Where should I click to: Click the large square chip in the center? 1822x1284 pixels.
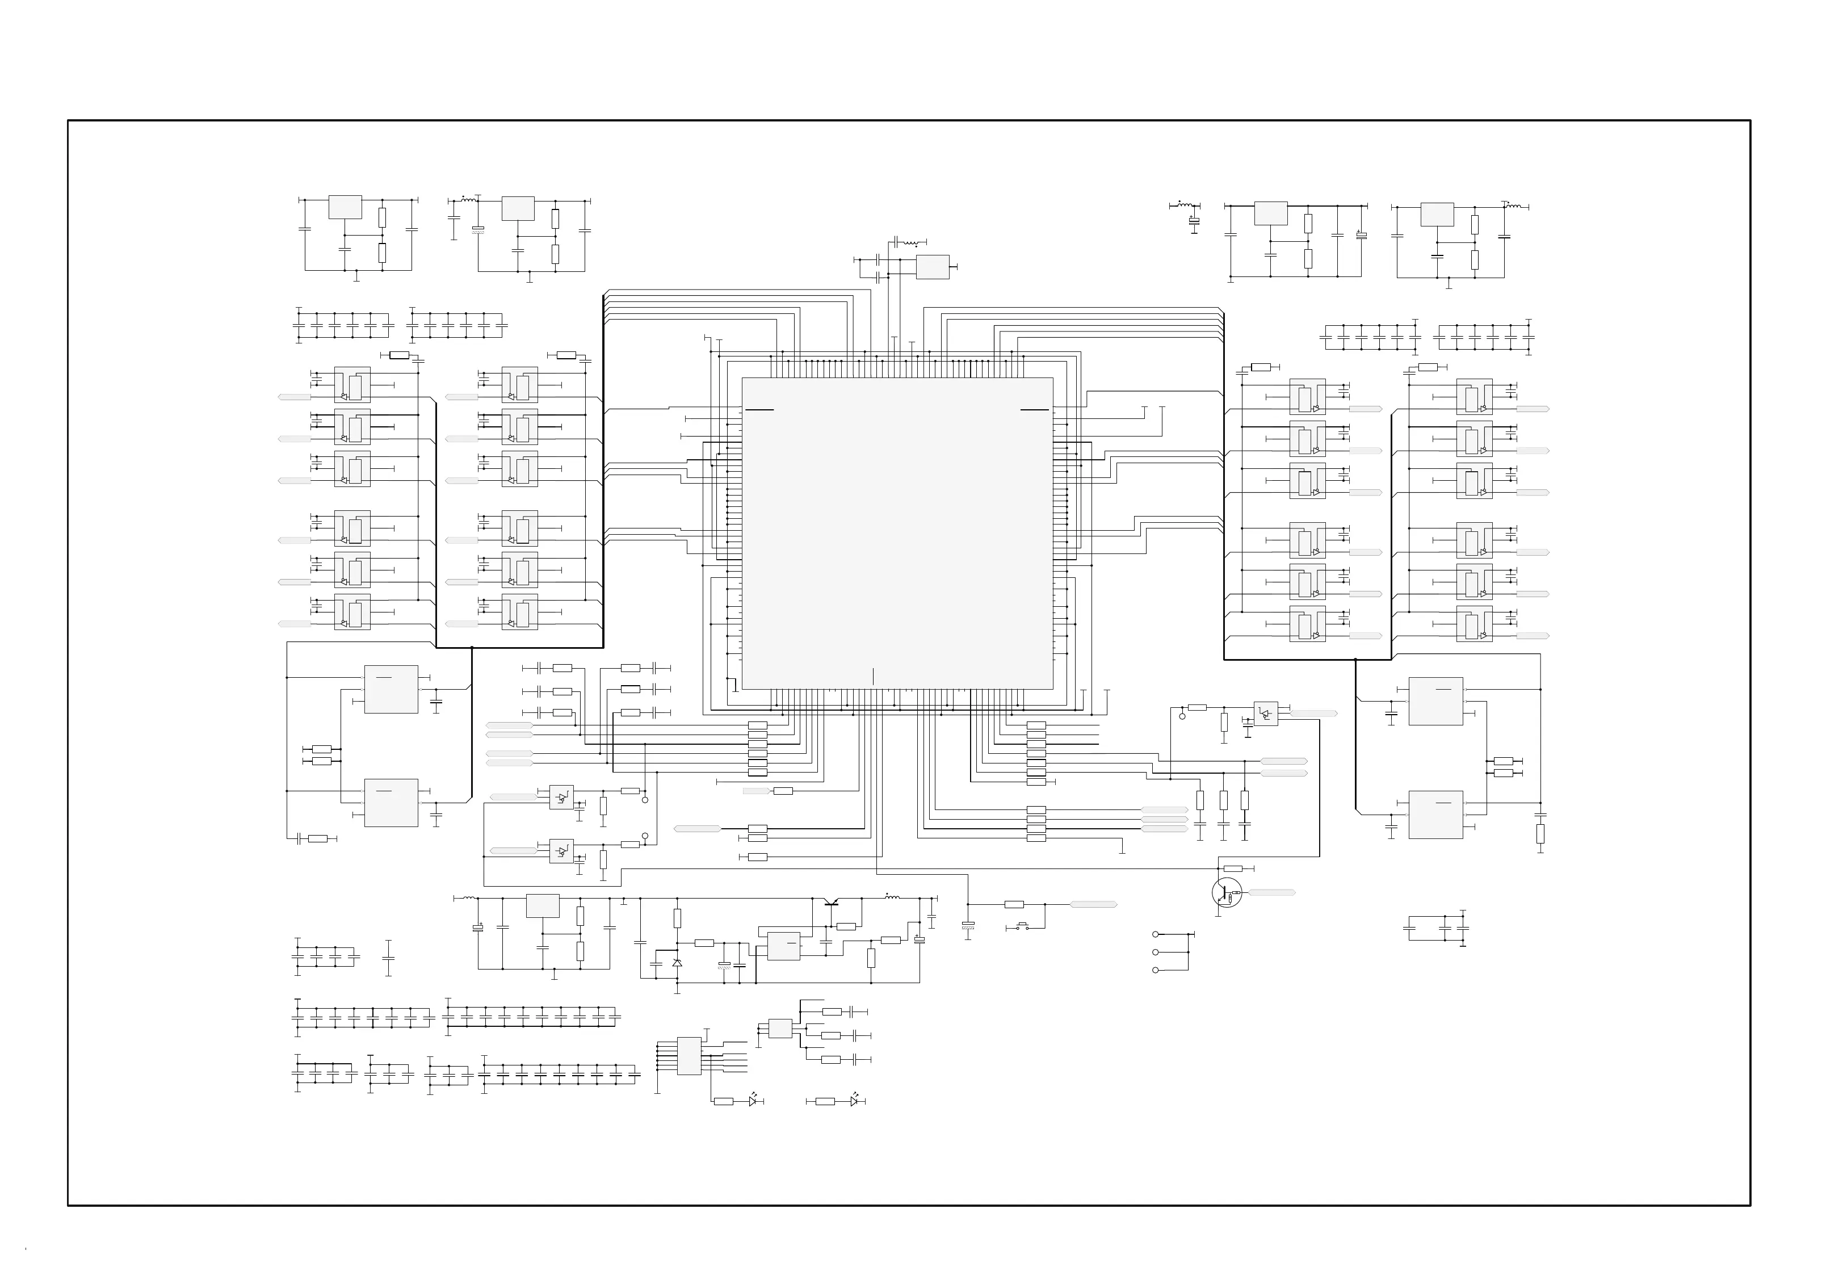[897, 533]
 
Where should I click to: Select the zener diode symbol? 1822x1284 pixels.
[677, 963]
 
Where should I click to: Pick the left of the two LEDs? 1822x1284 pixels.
[752, 1101]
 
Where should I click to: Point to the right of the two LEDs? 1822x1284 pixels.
[854, 1101]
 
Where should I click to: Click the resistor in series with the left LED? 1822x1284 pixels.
[723, 1101]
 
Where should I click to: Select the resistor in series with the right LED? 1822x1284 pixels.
[825, 1101]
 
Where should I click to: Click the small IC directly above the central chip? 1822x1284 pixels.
[933, 267]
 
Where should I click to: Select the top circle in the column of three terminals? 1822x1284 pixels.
[1156, 934]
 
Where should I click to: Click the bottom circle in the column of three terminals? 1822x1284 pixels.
[1156, 970]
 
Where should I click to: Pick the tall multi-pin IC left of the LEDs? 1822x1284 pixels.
[689, 1055]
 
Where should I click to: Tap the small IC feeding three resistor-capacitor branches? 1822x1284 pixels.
[780, 1027]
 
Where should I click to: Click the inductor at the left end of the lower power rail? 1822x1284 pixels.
[468, 899]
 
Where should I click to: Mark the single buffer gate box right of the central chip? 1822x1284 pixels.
[1266, 712]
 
